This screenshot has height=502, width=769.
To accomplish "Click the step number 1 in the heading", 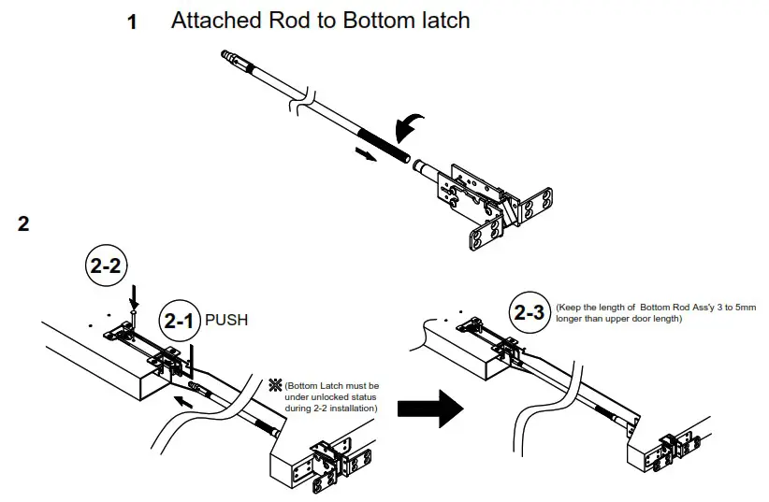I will [x=132, y=22].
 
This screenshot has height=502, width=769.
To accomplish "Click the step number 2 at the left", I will [x=23, y=224].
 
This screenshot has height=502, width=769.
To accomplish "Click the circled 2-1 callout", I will [x=179, y=321].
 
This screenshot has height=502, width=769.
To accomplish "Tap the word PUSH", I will [x=227, y=321].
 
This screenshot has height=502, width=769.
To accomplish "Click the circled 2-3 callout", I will [x=530, y=311].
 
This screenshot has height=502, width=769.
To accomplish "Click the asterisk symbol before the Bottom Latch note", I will [x=275, y=384].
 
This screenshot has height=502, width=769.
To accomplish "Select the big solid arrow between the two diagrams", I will [x=431, y=408].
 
